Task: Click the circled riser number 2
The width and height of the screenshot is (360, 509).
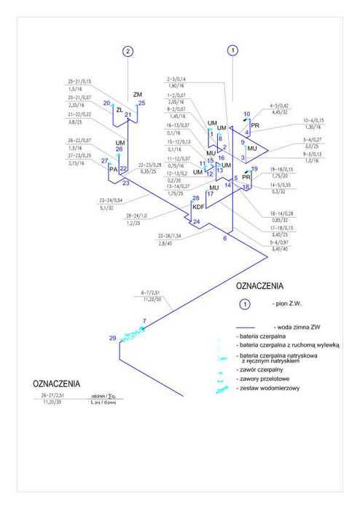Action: pos(128,51)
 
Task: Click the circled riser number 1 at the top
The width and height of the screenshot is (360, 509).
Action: pos(232,50)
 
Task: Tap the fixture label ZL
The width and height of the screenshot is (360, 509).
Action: pos(120,110)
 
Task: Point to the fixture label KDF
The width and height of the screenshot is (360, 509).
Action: pos(197,207)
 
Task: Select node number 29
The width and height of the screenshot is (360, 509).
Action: pos(112,338)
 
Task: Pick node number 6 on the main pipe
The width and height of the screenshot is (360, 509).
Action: pos(224,238)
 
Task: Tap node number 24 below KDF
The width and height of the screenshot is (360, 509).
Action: pos(195,221)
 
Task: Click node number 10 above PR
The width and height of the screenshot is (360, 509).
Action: pos(246,114)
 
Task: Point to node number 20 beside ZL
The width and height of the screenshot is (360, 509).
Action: pos(106,103)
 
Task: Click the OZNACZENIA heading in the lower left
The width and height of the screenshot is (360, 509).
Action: pos(56,383)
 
